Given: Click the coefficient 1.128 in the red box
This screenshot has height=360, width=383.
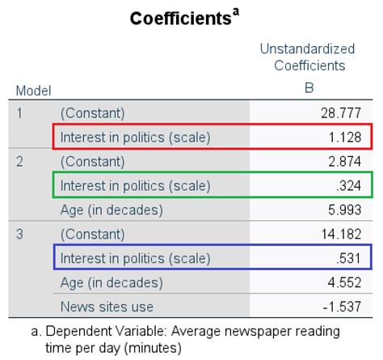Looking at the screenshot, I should [348, 137].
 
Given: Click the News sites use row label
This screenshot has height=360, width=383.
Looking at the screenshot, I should [107, 307].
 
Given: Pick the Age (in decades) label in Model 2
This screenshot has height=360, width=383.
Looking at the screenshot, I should [112, 210].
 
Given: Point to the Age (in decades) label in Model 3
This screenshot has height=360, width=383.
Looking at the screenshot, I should [112, 283].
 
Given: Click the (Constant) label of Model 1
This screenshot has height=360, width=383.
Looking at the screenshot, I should [93, 112].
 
